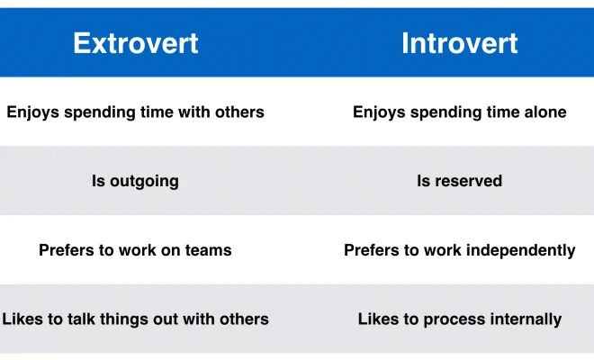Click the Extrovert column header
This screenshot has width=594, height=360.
coord(136,43)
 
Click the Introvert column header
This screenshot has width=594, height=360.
coord(459,43)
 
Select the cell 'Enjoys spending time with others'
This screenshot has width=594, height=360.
coord(135,112)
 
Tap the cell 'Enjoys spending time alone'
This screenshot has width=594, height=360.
coord(459,112)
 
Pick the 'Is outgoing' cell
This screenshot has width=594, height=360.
coord(135,181)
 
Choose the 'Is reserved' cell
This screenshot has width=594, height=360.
coord(459,181)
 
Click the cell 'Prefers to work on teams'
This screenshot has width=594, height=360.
coord(135,250)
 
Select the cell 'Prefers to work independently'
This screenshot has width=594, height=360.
coord(459,250)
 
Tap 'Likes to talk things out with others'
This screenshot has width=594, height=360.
coord(135,319)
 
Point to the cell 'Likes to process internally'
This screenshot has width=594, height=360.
coord(459,319)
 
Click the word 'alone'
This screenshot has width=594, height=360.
coord(544,112)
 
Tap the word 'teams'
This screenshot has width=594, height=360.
coord(208,250)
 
